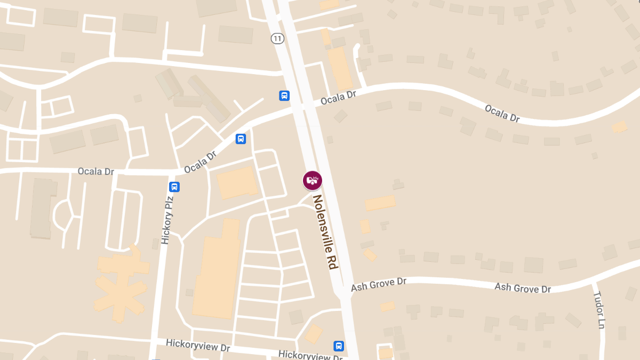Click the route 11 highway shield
tap(277, 38)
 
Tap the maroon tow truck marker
tap(313, 180)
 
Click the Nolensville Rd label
tap(326, 232)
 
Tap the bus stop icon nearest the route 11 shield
tap(284, 95)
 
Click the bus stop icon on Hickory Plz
tap(174, 187)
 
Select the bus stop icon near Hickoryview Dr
tap(339, 346)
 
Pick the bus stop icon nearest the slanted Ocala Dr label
tap(241, 139)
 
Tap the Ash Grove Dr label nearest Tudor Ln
tap(522, 288)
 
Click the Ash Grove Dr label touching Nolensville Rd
tap(379, 284)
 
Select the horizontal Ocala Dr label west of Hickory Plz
tap(96, 172)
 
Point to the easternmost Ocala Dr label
tap(502, 113)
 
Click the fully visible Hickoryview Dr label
tap(197, 345)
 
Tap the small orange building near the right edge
tap(619, 127)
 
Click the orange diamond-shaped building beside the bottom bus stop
tap(313, 333)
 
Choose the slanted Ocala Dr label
tap(200, 162)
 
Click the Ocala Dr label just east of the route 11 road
tap(338, 97)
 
